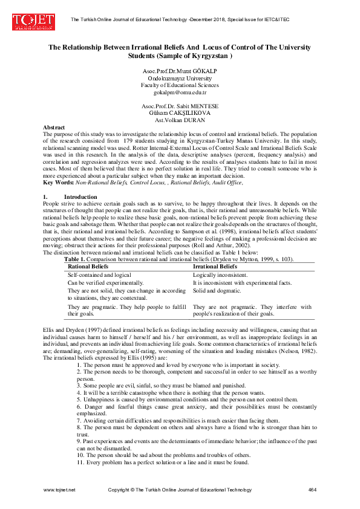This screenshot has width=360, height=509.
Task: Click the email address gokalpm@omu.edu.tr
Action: click(180, 92)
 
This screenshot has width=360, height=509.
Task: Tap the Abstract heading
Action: click(53, 127)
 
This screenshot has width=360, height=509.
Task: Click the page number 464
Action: click(312, 488)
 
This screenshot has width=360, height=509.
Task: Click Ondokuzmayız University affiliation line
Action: click(180, 79)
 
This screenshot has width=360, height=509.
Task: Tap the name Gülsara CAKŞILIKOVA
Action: click(179, 112)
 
